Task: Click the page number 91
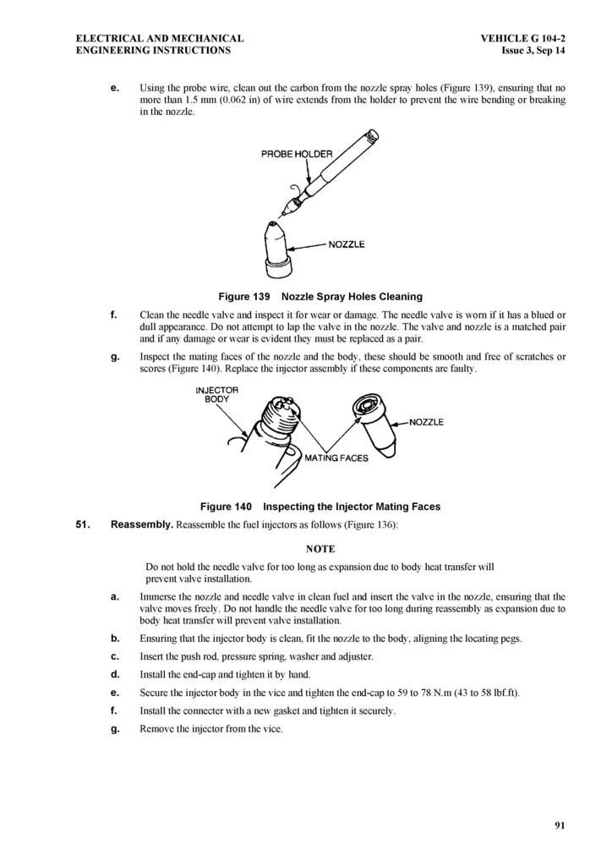560,825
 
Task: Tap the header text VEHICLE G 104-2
522,38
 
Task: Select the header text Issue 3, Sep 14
533,51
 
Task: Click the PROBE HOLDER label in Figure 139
297,154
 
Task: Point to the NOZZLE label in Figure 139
347,244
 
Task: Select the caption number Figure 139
243,297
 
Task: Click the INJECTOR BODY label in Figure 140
217,394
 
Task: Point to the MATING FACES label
336,458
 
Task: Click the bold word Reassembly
142,524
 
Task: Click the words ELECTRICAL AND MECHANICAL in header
160,38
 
